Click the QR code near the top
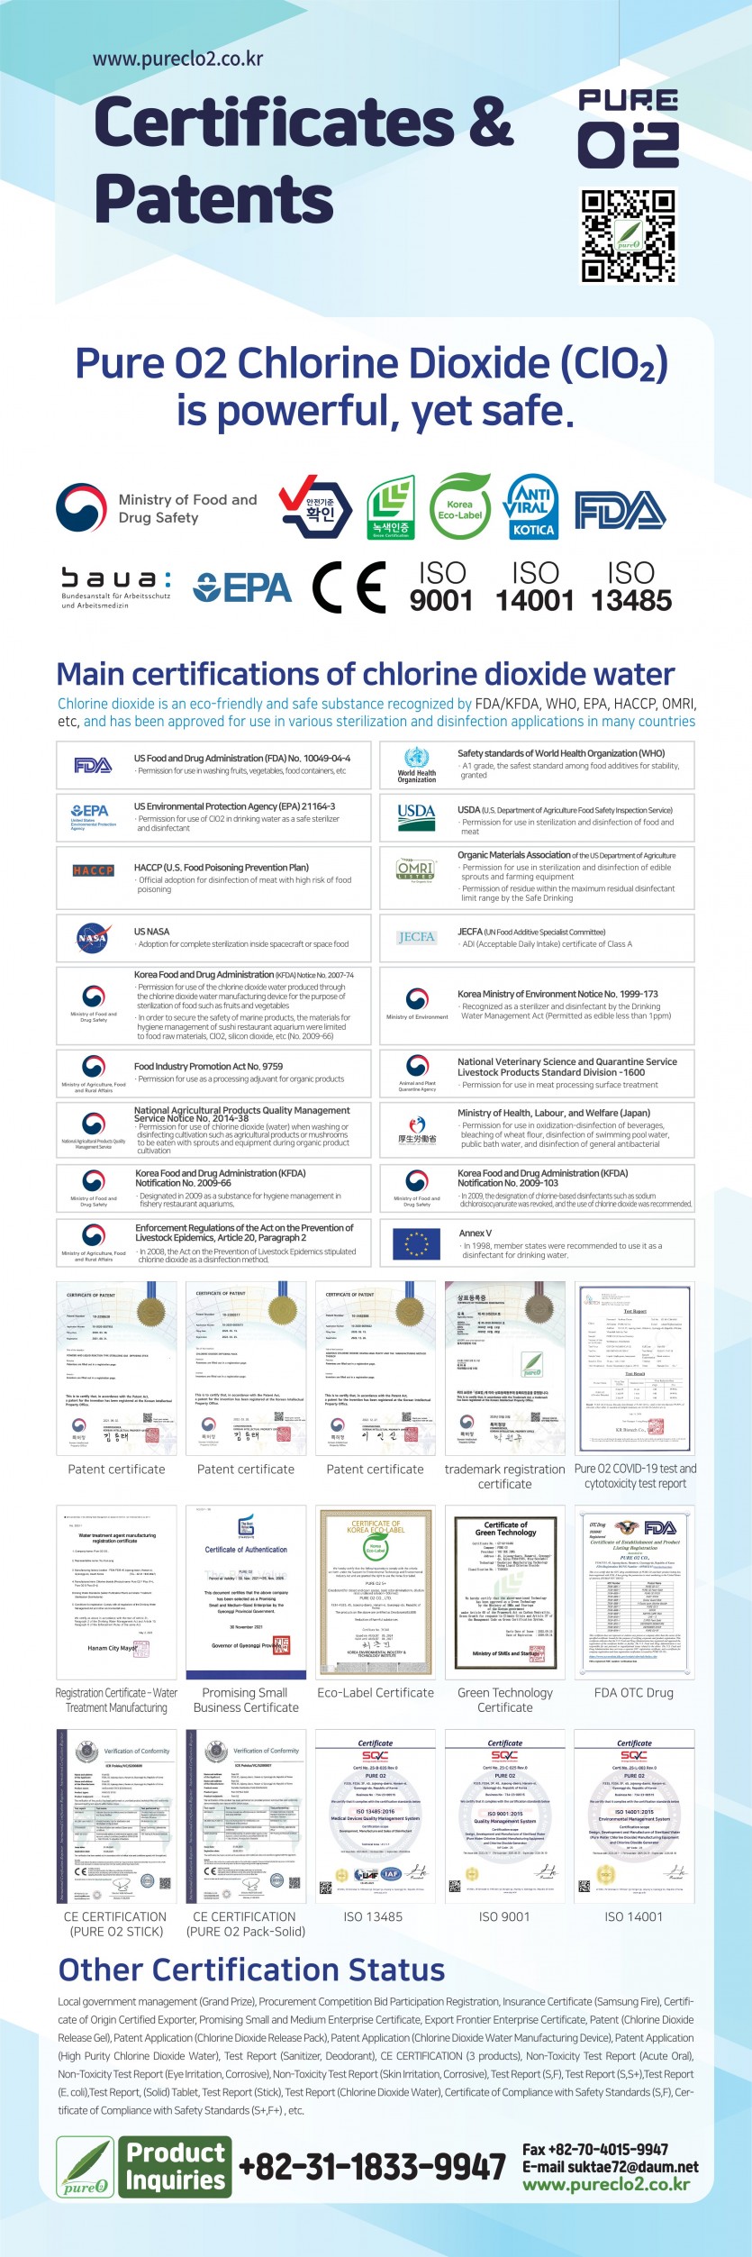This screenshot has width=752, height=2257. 628,236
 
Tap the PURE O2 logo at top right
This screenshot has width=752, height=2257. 628,129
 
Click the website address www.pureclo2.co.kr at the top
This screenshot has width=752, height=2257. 177,59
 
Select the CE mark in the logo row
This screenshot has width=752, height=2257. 349,587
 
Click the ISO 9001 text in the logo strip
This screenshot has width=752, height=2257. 441,587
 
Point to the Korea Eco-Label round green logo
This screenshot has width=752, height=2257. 459,508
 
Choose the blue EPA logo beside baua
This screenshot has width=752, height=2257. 242,587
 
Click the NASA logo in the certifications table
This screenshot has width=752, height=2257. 93,938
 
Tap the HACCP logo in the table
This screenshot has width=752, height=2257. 94,870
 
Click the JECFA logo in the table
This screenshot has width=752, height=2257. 416,937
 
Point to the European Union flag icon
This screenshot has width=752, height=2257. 416,1244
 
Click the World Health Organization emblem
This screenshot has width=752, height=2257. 416,762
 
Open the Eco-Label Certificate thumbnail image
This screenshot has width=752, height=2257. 376,1591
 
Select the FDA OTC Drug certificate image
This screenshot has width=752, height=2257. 634,1591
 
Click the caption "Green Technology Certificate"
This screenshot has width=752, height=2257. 505,1699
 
